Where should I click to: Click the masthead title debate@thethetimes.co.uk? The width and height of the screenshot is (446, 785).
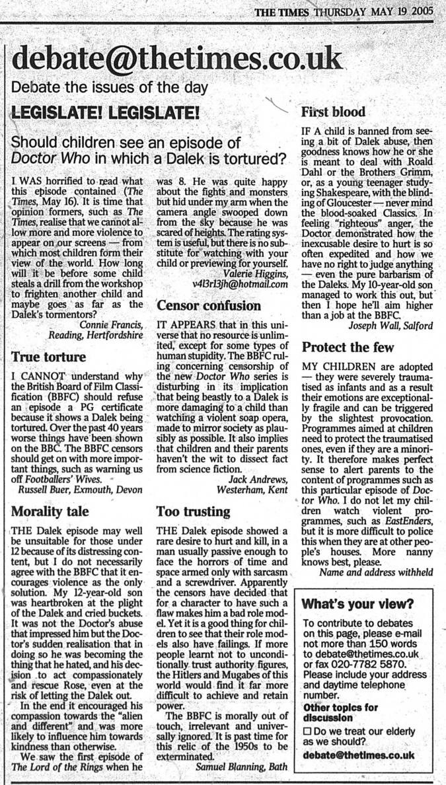[x=177, y=60]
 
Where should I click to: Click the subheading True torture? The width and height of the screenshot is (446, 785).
[x=49, y=357]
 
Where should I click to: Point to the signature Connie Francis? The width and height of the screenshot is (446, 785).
[x=110, y=324]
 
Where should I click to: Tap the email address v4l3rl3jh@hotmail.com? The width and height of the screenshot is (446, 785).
[x=240, y=283]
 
